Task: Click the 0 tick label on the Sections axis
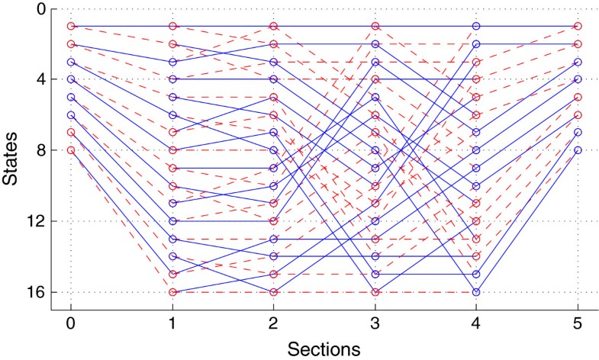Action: [x=71, y=323]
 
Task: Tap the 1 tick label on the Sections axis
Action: [x=172, y=323]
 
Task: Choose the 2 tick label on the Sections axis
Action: [x=274, y=323]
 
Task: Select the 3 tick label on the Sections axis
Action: [x=375, y=323]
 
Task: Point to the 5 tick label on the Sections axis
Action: [x=578, y=323]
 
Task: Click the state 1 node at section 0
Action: [x=71, y=26]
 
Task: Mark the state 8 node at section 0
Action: [x=71, y=150]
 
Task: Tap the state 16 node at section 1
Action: [x=172, y=292]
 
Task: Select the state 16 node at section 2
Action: [x=274, y=292]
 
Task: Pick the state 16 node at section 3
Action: [x=375, y=292]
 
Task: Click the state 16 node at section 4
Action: [x=476, y=292]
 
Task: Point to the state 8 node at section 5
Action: [x=578, y=150]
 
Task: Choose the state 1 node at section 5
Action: [x=578, y=26]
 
